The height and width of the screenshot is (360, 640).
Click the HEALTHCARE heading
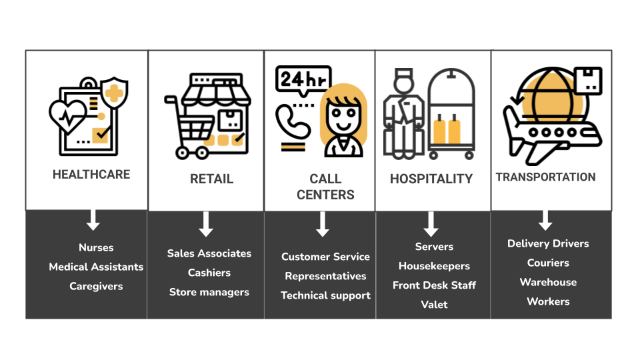(x=91, y=174)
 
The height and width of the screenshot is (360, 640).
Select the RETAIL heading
(x=211, y=179)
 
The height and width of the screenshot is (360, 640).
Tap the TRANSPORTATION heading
(x=546, y=177)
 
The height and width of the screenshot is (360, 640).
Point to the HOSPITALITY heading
(x=431, y=179)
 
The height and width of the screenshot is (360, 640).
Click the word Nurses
(x=96, y=247)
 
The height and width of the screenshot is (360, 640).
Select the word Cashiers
(x=209, y=273)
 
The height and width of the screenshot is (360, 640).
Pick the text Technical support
(x=326, y=295)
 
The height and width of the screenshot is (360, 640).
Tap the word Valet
(x=434, y=305)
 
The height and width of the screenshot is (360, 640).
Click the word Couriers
(x=548, y=263)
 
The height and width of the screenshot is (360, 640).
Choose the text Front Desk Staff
(x=434, y=285)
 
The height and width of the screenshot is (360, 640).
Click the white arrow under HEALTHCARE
(x=93, y=220)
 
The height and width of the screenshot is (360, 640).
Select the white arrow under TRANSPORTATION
(x=545, y=221)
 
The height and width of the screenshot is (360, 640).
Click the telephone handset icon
(x=292, y=121)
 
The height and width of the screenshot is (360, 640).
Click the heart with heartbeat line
(x=67, y=116)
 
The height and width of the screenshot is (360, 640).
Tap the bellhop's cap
(x=403, y=74)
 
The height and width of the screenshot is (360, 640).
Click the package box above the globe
(x=588, y=81)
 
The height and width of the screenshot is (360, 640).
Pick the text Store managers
(x=209, y=292)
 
